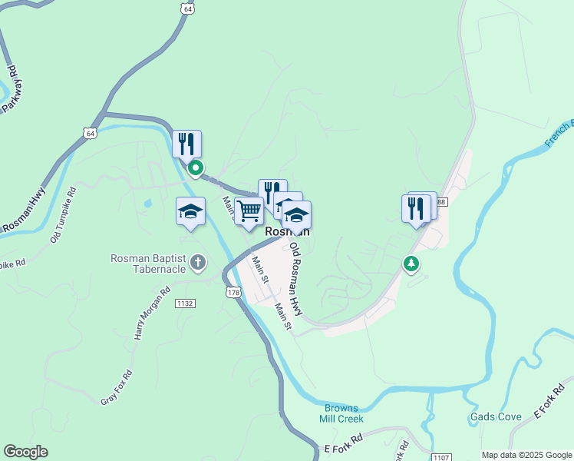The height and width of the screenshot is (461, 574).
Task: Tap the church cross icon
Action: point(198,264)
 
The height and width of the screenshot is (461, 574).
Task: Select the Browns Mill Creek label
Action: point(341,413)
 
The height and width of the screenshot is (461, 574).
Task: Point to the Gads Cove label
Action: point(496,417)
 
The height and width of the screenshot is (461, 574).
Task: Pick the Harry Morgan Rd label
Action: point(152,314)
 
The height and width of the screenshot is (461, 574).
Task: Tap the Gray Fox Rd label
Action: point(117,387)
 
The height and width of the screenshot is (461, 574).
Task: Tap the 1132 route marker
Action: point(184,303)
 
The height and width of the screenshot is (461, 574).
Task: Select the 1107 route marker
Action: point(440,456)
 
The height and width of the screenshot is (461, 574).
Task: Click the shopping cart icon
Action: point(249,210)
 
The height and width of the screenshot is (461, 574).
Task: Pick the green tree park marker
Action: point(412,264)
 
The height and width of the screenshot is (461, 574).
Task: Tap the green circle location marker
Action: point(196,167)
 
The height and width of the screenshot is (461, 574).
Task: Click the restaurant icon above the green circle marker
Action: point(186,144)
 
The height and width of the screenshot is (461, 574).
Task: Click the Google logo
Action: point(25,452)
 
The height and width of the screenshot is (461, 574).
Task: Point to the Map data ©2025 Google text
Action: point(526,455)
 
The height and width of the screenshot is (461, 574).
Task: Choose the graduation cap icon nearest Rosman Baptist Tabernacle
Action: point(190,212)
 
